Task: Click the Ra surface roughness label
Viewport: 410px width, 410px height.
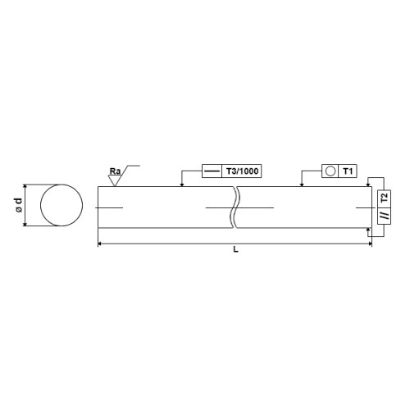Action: tap(115, 171)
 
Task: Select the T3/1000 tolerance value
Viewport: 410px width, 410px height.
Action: tap(242, 171)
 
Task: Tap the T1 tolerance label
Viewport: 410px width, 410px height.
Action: tap(348, 171)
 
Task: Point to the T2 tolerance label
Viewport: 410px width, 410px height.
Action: tap(385, 197)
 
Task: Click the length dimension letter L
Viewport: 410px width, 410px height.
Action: tap(235, 249)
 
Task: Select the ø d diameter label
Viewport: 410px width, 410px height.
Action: tap(18, 205)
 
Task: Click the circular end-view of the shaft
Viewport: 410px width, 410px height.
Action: tap(61, 205)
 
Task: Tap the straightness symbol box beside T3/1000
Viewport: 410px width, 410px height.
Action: tap(212, 171)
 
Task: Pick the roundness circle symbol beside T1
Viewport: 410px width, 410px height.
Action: tap(330, 171)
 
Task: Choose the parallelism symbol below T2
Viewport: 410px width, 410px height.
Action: tap(385, 216)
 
